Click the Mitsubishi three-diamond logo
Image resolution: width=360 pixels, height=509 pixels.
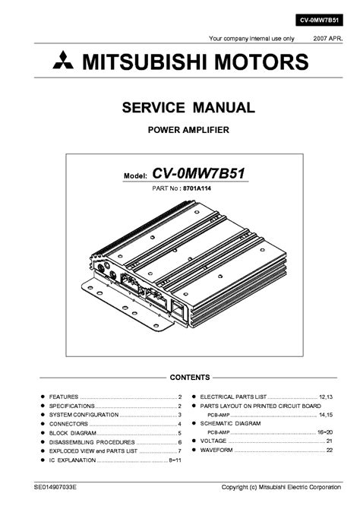tap(63, 60)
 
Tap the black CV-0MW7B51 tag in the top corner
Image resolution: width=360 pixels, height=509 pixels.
tap(319, 20)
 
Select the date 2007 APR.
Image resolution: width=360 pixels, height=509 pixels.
tap(327, 39)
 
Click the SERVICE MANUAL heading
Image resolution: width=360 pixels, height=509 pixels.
tap(188, 108)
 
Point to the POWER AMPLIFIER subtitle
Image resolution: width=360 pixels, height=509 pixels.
tap(188, 130)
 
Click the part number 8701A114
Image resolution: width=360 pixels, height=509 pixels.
tap(197, 188)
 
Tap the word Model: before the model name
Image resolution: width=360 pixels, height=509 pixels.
tap(135, 176)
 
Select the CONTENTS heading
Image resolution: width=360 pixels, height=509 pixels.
tap(190, 378)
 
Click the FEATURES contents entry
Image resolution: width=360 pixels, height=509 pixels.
tap(64, 397)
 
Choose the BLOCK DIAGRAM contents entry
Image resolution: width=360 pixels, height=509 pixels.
tap(73, 433)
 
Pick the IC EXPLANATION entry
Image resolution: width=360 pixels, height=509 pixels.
tap(72, 460)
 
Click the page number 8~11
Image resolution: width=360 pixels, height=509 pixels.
tap(175, 460)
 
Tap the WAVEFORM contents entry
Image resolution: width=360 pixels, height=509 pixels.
tap(216, 450)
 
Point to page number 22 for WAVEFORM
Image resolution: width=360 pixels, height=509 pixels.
tap(330, 450)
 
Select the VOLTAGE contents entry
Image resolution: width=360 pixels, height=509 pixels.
tap(213, 441)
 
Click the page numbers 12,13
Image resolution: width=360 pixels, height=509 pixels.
tap(326, 397)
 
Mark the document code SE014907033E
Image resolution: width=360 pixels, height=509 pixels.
tap(55, 487)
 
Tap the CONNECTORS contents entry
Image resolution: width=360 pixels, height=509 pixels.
tap(68, 424)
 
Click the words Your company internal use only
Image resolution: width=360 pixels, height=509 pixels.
tap(251, 39)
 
